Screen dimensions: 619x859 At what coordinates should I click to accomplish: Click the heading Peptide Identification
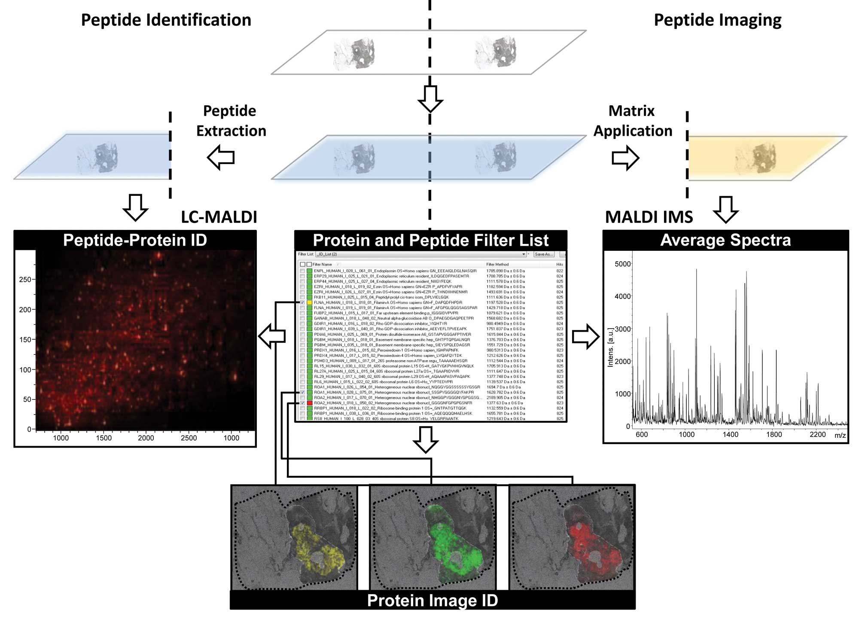166,20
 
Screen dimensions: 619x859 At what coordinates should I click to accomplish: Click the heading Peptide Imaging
717,20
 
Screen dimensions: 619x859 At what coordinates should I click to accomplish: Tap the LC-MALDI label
219,217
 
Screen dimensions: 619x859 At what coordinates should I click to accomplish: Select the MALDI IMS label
649,217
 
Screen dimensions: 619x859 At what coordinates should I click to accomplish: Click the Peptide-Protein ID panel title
135,240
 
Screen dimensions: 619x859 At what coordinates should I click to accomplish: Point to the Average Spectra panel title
725,240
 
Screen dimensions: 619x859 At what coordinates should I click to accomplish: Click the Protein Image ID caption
432,600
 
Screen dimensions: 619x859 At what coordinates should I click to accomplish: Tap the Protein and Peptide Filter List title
430,240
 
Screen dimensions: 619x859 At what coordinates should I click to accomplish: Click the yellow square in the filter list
309,302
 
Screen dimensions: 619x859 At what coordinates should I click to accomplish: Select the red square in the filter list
309,403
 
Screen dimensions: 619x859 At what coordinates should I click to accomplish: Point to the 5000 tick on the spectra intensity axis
622,264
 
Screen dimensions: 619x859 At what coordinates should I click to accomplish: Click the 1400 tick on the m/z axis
730,434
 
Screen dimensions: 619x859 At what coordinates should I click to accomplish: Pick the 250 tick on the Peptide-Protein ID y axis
25,280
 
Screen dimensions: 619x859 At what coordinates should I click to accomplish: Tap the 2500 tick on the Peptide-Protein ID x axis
189,438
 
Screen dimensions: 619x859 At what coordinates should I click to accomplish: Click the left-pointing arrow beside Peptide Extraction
221,157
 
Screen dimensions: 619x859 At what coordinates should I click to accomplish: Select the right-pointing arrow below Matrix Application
625,158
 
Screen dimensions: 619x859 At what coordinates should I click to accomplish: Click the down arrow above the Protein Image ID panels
425,439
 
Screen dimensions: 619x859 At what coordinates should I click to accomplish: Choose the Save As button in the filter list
544,254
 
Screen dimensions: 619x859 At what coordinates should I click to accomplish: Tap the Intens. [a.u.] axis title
610,348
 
